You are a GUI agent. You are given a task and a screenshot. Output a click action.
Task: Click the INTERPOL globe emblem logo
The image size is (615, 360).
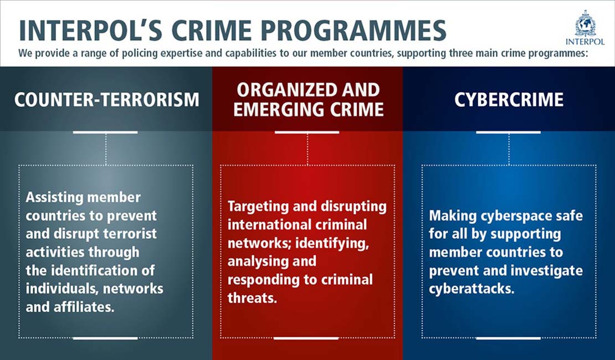pos(585,23)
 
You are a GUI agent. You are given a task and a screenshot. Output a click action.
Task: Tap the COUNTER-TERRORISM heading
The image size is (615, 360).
pos(106,100)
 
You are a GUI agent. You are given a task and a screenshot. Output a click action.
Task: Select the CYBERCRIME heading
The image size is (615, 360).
pos(509,100)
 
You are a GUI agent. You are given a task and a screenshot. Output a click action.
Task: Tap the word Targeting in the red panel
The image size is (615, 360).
pos(259,207)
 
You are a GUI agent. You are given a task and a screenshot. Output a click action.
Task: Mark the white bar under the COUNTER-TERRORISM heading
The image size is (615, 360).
pos(105,132)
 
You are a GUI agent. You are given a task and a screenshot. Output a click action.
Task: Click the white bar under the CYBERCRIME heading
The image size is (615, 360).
pos(509,132)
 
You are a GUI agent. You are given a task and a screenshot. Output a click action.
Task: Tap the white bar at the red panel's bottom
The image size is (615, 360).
pos(306,337)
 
